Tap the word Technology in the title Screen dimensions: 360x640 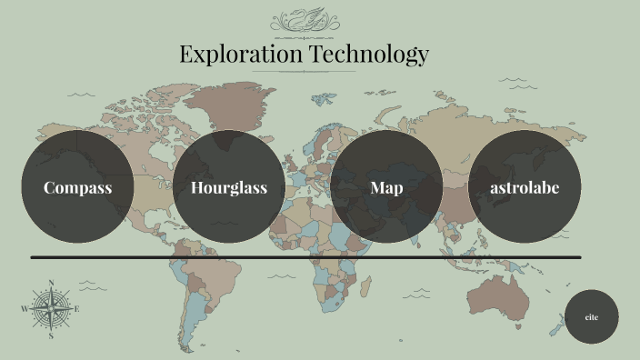[368, 55]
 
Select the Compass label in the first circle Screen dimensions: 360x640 [78, 188]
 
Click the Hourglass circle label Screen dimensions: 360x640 [229, 188]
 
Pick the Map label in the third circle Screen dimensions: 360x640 [386, 188]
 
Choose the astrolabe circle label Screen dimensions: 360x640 [524, 188]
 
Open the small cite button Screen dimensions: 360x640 [591, 317]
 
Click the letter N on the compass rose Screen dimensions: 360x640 [51, 283]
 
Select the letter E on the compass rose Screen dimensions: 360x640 [76, 309]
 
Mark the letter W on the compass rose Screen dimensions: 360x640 [25, 309]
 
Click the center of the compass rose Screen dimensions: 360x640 [51, 309]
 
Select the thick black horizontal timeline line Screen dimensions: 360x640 [305, 257]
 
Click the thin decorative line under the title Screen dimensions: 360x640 [304, 71]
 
